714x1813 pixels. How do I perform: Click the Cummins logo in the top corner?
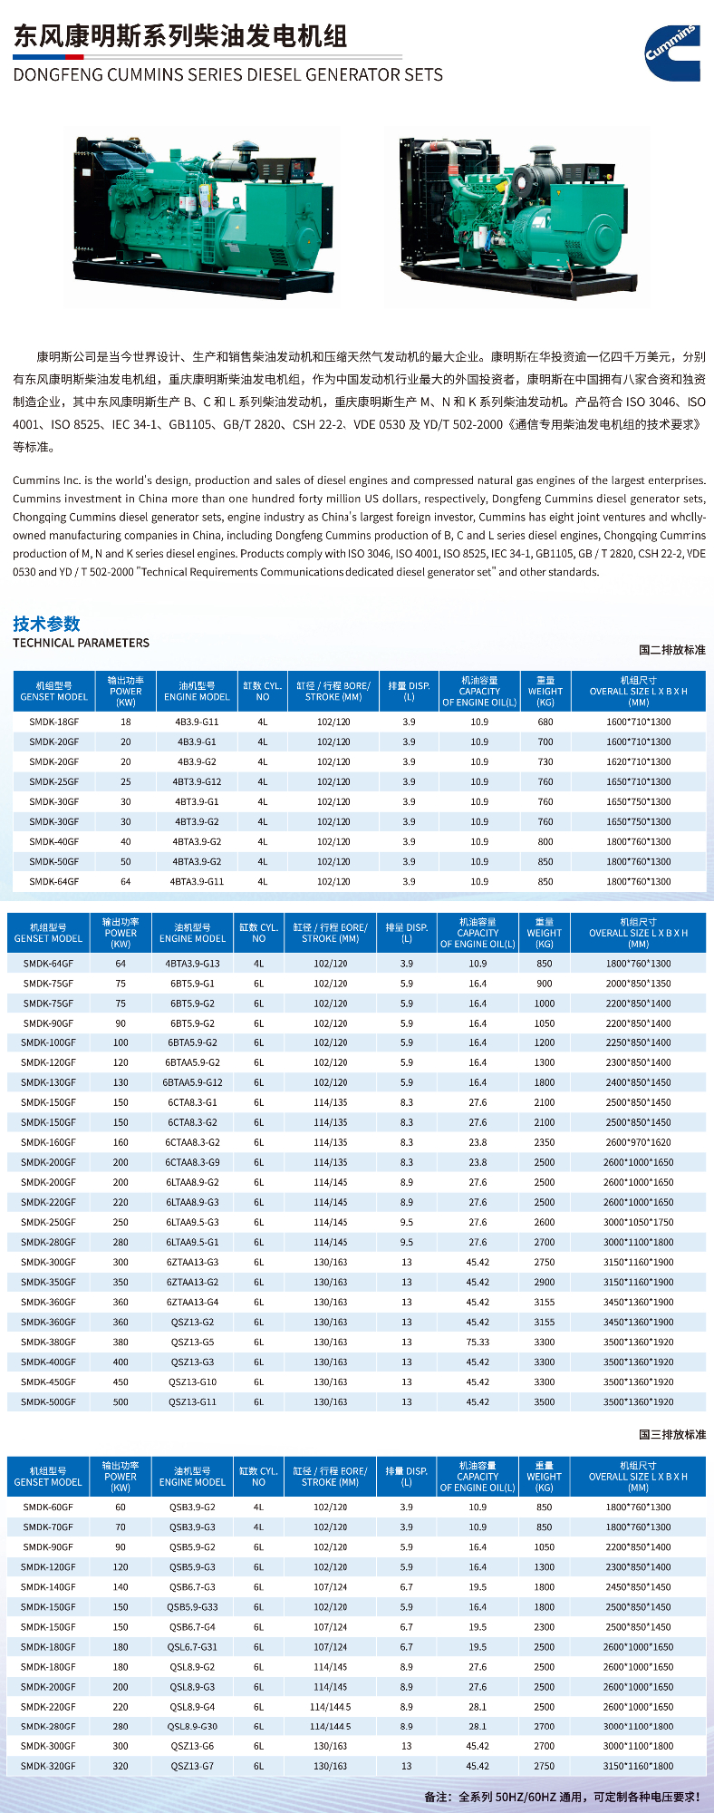(673, 53)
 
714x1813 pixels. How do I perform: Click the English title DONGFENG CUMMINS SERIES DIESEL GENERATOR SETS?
(227, 75)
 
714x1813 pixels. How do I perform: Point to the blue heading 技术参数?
(46, 624)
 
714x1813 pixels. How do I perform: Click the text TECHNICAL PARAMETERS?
(81, 643)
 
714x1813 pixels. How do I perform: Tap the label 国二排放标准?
(671, 650)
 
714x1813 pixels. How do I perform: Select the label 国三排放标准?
(671, 1435)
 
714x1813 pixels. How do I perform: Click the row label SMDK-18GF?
(53, 722)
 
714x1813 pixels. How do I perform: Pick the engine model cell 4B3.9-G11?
(197, 722)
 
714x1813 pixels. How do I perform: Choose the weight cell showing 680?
(545, 722)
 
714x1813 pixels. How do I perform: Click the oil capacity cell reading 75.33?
(478, 1343)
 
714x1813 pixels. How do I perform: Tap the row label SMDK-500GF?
(48, 1402)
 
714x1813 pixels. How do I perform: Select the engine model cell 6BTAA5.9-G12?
(192, 1082)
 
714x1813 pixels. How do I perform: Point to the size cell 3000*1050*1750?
(638, 1223)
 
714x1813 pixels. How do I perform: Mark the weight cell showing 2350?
(544, 1143)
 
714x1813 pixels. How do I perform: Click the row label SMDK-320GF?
(48, 1766)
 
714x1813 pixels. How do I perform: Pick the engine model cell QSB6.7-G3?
(192, 1587)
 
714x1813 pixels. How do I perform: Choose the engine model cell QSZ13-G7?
(192, 1766)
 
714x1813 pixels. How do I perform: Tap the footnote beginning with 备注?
(562, 1796)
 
